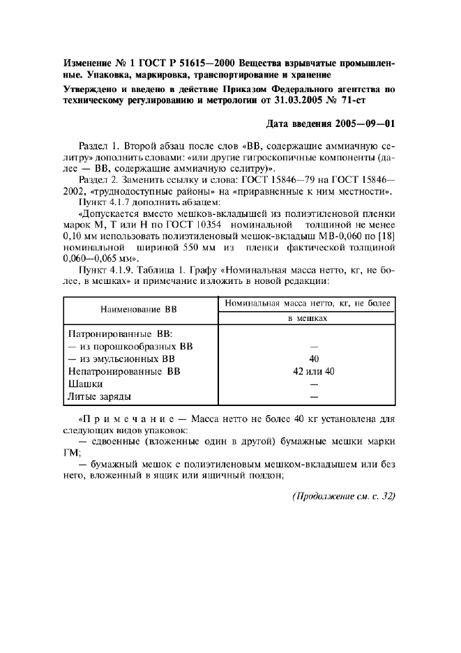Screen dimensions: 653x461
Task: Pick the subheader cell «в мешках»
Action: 308,318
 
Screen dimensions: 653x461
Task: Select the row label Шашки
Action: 86,384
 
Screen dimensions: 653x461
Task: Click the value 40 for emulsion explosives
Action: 313,359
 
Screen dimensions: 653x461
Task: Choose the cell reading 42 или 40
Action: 314,371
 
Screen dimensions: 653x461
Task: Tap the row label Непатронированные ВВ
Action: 123,371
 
